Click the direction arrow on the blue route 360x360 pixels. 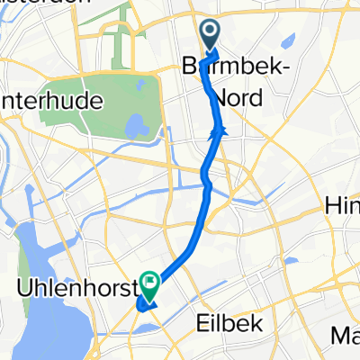(x=217, y=134)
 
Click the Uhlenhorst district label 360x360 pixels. (x=74, y=289)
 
